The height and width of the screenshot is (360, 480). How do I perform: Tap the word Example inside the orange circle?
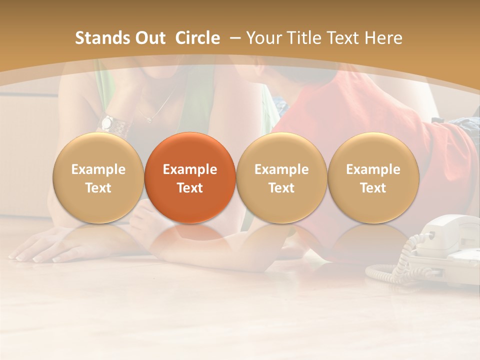(x=190, y=169)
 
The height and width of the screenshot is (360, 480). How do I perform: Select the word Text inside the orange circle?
(x=190, y=188)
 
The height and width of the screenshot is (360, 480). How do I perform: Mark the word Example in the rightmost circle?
(x=373, y=169)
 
